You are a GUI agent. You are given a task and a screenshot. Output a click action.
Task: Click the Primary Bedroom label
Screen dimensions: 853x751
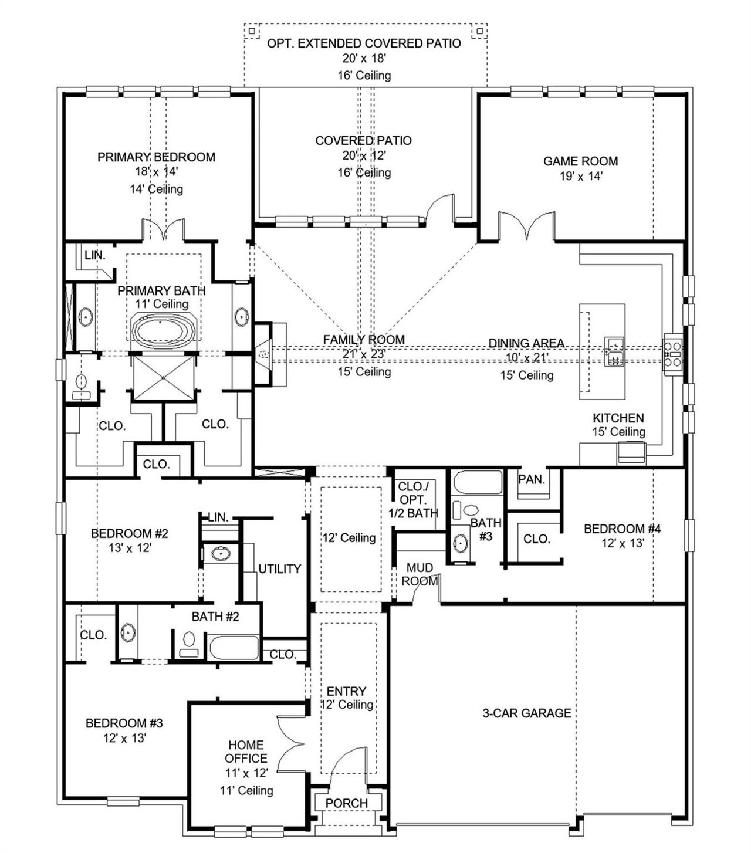pyautogui.click(x=156, y=157)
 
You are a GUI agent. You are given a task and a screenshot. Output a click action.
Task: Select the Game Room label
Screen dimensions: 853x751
pyautogui.click(x=580, y=161)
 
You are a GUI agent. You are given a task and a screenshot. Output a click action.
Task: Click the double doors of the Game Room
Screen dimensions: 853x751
pyautogui.click(x=526, y=225)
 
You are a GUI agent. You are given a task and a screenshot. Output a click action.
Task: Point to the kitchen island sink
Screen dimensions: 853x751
pyautogui.click(x=614, y=351)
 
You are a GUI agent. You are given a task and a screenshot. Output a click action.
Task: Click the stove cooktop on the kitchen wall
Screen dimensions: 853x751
pyautogui.click(x=672, y=354)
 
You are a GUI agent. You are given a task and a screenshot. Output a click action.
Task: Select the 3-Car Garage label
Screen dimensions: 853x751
pyautogui.click(x=526, y=713)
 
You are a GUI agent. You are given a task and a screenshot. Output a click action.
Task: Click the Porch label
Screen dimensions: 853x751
pyautogui.click(x=346, y=803)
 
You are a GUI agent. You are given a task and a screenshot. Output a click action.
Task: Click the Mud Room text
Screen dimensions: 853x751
pyautogui.click(x=420, y=574)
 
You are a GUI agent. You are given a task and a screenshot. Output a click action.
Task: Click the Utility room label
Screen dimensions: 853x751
pyautogui.click(x=279, y=568)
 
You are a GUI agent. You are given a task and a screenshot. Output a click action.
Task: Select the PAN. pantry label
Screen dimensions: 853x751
pyautogui.click(x=532, y=479)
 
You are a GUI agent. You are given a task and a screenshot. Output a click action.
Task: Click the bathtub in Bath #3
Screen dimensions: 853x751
pyautogui.click(x=478, y=483)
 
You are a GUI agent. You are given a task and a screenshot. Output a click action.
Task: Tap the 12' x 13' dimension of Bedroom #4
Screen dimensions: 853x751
pyautogui.click(x=623, y=543)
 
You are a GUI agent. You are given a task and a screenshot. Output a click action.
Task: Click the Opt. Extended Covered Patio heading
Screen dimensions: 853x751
pyautogui.click(x=364, y=43)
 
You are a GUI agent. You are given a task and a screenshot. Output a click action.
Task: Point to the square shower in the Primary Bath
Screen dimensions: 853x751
pyautogui.click(x=163, y=378)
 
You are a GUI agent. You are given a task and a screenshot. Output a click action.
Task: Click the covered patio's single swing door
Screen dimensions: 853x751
pyautogui.click(x=439, y=212)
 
